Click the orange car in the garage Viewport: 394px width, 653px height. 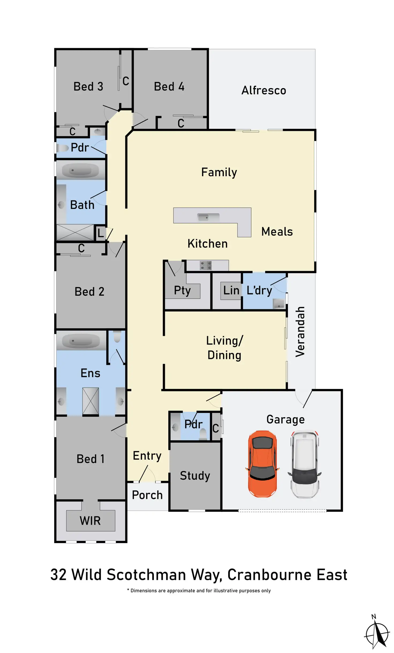click(x=263, y=464)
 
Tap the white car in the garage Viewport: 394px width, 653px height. click(x=305, y=464)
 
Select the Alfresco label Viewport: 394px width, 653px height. click(x=264, y=90)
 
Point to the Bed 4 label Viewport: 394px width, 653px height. click(x=169, y=87)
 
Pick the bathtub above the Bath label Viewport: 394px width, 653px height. click(x=80, y=170)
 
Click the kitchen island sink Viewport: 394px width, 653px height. click(x=208, y=217)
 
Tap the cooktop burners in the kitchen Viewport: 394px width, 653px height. click(x=206, y=265)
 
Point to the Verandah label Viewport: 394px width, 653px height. click(x=300, y=332)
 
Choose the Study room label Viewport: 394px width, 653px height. click(x=195, y=476)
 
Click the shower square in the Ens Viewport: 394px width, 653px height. click(x=90, y=401)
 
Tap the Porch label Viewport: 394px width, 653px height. click(x=147, y=495)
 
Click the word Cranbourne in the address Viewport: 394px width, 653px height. click(x=269, y=575)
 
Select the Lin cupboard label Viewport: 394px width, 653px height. click(x=231, y=290)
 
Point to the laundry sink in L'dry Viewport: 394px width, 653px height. click(x=279, y=304)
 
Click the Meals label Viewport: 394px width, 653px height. click(x=277, y=231)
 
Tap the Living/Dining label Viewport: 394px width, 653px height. click(x=224, y=348)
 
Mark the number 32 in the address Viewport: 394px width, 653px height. click(x=58, y=575)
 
